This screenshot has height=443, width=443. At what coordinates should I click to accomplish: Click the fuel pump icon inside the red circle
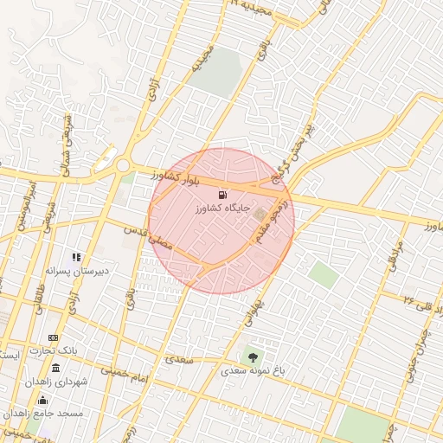224,194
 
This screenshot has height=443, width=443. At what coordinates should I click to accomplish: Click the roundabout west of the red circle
123,166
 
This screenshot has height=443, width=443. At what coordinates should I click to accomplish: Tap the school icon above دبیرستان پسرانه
77,257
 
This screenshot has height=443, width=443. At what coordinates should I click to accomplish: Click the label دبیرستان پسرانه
77,271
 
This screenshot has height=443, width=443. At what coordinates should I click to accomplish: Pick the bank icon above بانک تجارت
54,337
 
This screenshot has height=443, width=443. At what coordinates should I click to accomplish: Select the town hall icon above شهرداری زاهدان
55,369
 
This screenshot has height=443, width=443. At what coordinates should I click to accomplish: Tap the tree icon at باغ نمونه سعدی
253,356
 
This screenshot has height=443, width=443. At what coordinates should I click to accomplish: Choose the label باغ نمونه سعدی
252,370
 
